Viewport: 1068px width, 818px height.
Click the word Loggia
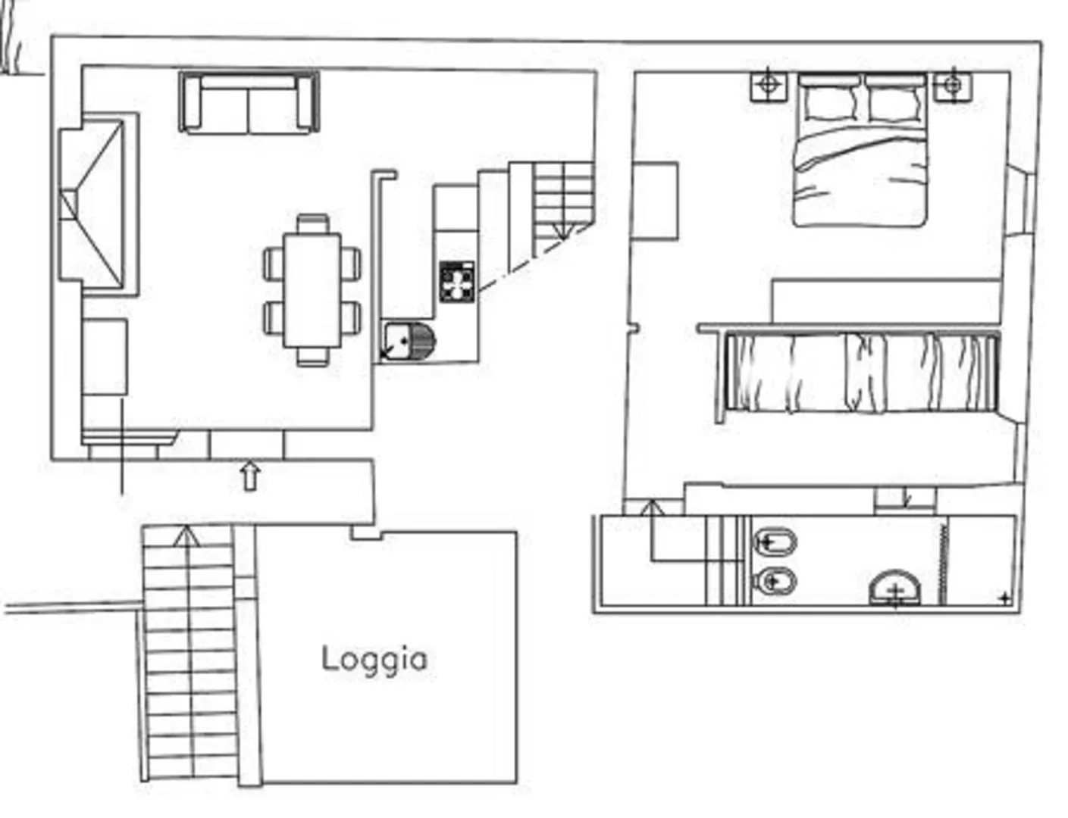point(374,660)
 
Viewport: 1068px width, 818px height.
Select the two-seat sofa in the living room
point(249,102)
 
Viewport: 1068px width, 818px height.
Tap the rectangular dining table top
point(312,291)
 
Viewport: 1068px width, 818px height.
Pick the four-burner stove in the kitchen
point(457,282)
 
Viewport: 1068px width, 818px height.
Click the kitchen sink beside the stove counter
point(409,342)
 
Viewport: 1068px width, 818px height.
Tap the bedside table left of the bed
point(768,86)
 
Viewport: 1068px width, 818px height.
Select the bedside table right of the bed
point(953,86)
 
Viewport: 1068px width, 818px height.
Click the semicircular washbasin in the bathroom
point(895,589)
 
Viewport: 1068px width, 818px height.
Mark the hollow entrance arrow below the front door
point(251,477)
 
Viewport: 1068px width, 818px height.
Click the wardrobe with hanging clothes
point(862,372)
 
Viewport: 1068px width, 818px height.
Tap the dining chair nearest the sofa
point(313,223)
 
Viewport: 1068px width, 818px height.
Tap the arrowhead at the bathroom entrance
point(652,507)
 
